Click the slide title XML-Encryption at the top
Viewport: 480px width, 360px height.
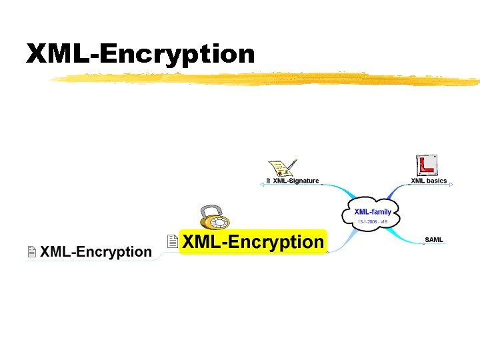(x=141, y=54)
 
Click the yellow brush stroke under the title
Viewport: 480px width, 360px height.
(x=267, y=80)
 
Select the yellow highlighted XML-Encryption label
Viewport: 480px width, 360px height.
(x=253, y=242)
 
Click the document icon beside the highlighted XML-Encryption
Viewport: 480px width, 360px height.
(x=173, y=241)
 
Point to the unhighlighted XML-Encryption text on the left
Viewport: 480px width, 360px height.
(x=96, y=252)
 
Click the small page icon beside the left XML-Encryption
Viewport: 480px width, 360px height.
(x=31, y=252)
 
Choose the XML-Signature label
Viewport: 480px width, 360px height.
(x=296, y=181)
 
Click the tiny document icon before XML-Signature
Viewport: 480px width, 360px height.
(x=268, y=181)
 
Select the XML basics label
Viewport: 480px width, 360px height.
(x=429, y=181)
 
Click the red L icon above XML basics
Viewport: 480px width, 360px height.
(x=426, y=165)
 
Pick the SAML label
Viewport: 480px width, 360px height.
(x=433, y=239)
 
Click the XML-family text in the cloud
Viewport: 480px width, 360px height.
(x=373, y=212)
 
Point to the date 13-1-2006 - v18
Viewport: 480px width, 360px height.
(x=373, y=221)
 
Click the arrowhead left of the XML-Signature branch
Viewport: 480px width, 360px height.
(x=261, y=185)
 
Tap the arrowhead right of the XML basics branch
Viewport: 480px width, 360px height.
(x=451, y=185)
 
